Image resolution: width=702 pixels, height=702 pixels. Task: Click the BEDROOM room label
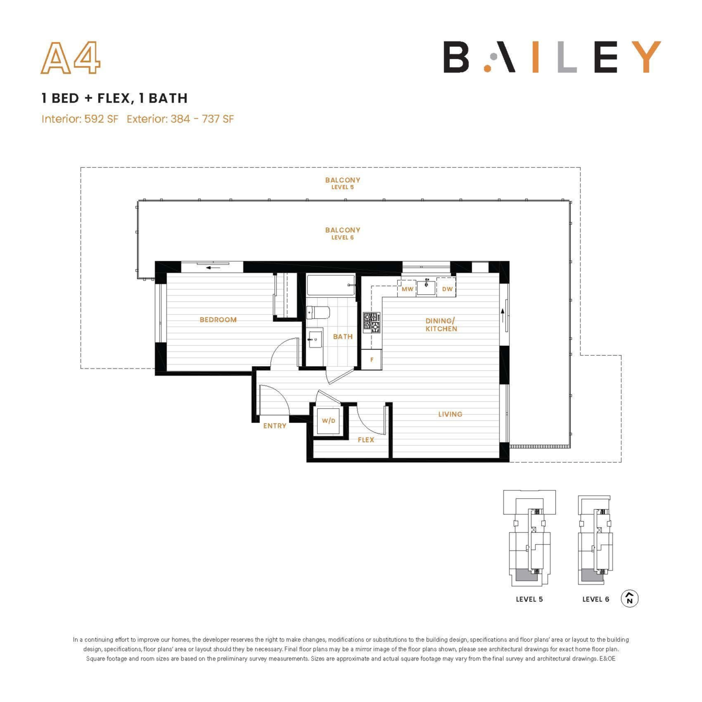(x=218, y=319)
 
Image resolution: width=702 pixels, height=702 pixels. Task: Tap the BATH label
(x=343, y=336)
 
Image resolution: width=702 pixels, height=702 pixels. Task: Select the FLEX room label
(x=366, y=440)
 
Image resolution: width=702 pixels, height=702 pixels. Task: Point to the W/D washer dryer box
(x=329, y=421)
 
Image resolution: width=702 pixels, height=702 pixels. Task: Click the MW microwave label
(x=407, y=289)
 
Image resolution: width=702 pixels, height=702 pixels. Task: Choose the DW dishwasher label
(x=447, y=289)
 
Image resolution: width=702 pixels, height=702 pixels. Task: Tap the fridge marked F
(x=371, y=360)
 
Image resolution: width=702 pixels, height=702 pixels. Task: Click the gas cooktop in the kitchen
(x=371, y=322)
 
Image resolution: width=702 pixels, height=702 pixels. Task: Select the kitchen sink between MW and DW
(x=426, y=287)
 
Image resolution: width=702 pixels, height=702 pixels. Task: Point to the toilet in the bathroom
(x=318, y=312)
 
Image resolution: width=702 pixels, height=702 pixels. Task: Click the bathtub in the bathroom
(x=331, y=285)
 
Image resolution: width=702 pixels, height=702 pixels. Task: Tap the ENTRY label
(x=275, y=426)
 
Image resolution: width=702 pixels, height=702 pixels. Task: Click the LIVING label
(x=450, y=414)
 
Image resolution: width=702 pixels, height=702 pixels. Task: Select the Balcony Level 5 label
(x=342, y=183)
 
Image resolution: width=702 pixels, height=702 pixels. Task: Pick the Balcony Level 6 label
(x=342, y=233)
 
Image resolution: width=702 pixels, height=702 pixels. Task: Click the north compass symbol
(x=629, y=598)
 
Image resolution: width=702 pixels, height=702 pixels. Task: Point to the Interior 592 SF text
(x=80, y=119)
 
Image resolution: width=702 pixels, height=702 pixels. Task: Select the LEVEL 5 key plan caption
(x=529, y=599)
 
